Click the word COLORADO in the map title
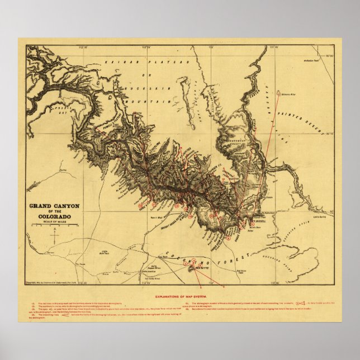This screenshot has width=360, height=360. pyautogui.click(x=54, y=217)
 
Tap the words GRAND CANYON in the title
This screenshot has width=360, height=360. pyautogui.click(x=54, y=206)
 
